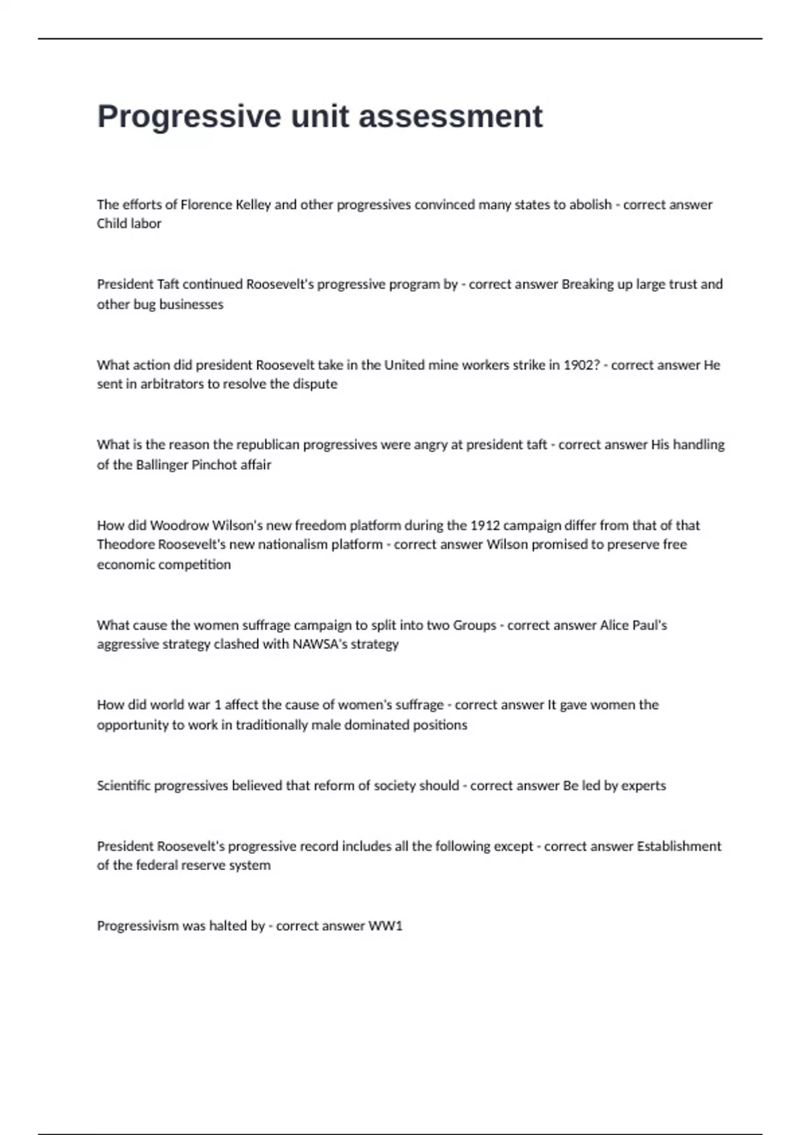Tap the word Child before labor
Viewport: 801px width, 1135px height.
pyautogui.click(x=111, y=224)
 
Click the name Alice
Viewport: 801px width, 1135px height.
pyautogui.click(x=614, y=626)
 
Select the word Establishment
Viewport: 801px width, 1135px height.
pyautogui.click(x=679, y=847)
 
